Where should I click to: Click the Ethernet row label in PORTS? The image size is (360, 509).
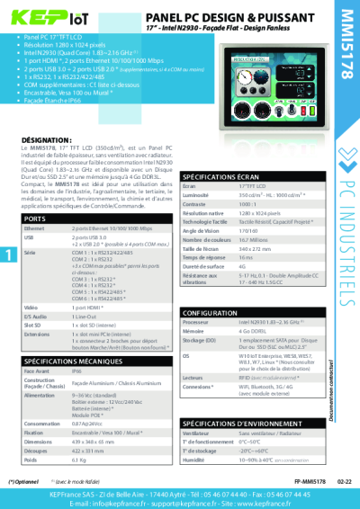tap(36, 229)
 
